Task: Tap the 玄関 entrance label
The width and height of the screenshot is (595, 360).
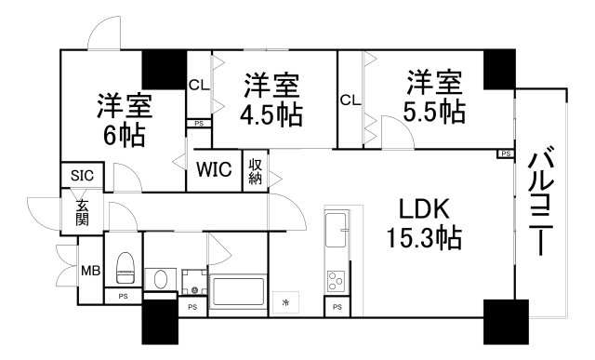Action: (x=82, y=213)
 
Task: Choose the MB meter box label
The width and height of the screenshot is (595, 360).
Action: (x=89, y=272)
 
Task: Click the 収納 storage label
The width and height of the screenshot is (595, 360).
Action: (x=256, y=170)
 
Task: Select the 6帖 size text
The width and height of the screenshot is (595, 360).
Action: (x=124, y=136)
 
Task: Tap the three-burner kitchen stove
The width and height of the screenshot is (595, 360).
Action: (x=337, y=278)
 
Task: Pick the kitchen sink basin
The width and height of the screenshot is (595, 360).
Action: (x=337, y=229)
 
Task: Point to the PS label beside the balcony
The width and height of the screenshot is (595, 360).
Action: (x=505, y=153)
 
